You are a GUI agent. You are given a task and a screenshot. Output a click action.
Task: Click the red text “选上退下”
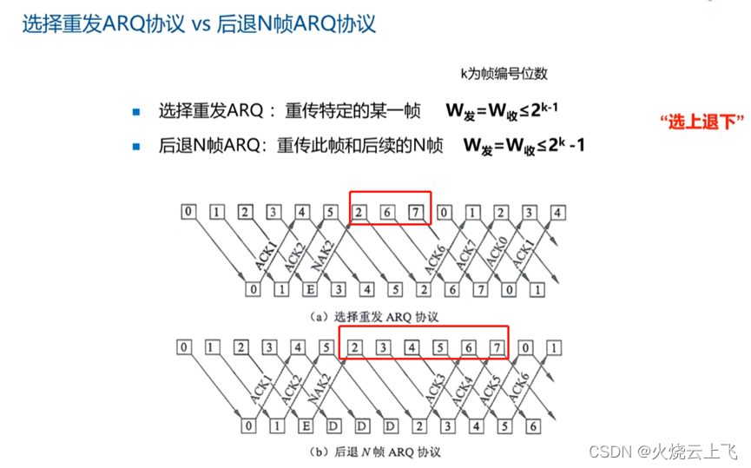[702, 122]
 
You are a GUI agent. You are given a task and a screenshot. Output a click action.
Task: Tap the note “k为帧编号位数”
[503, 74]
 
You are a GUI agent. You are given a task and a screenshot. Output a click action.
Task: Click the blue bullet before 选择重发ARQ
[135, 112]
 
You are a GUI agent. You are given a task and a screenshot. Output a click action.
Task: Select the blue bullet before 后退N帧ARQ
[135, 146]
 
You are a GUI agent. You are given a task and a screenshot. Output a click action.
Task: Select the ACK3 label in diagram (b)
[434, 387]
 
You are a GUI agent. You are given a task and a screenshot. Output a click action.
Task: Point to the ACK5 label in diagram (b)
[490, 387]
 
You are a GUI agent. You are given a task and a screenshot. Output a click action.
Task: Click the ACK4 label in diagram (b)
[462, 387]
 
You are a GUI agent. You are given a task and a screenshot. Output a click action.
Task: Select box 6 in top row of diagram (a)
[389, 211]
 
